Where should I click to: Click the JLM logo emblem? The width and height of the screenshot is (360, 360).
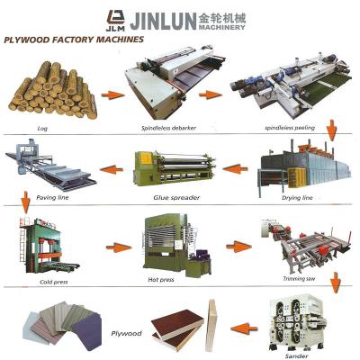coord(115,21)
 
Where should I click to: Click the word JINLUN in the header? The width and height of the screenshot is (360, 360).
coord(162,21)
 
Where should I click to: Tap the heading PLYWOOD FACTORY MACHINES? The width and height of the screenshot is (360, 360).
coord(74,40)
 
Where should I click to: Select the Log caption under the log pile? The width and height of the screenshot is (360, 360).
coord(42,129)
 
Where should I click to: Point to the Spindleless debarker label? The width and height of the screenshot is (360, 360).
coord(168,128)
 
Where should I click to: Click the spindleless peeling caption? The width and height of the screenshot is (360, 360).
coord(290,128)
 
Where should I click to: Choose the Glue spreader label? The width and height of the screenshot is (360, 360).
coord(176,198)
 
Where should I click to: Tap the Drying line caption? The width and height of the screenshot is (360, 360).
coord(297,198)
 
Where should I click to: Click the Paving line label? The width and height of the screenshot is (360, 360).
coord(52,197)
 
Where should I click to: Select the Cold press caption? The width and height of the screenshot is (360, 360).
coord(54,282)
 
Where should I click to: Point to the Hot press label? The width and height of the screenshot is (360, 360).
coord(161,280)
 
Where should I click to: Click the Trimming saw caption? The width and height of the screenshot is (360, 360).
coord(299,279)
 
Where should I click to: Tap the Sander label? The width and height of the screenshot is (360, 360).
coord(296,356)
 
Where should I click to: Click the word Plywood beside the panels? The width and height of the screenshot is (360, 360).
coord(126,333)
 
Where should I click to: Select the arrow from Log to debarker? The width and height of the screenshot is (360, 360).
coord(112,95)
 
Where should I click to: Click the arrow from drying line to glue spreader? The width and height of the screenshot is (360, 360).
coord(236,168)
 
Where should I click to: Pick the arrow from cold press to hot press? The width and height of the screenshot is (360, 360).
coord(119,247)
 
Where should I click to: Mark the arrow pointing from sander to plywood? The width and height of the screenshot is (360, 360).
coord(244,328)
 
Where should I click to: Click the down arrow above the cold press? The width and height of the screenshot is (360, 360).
coord(26,202)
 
